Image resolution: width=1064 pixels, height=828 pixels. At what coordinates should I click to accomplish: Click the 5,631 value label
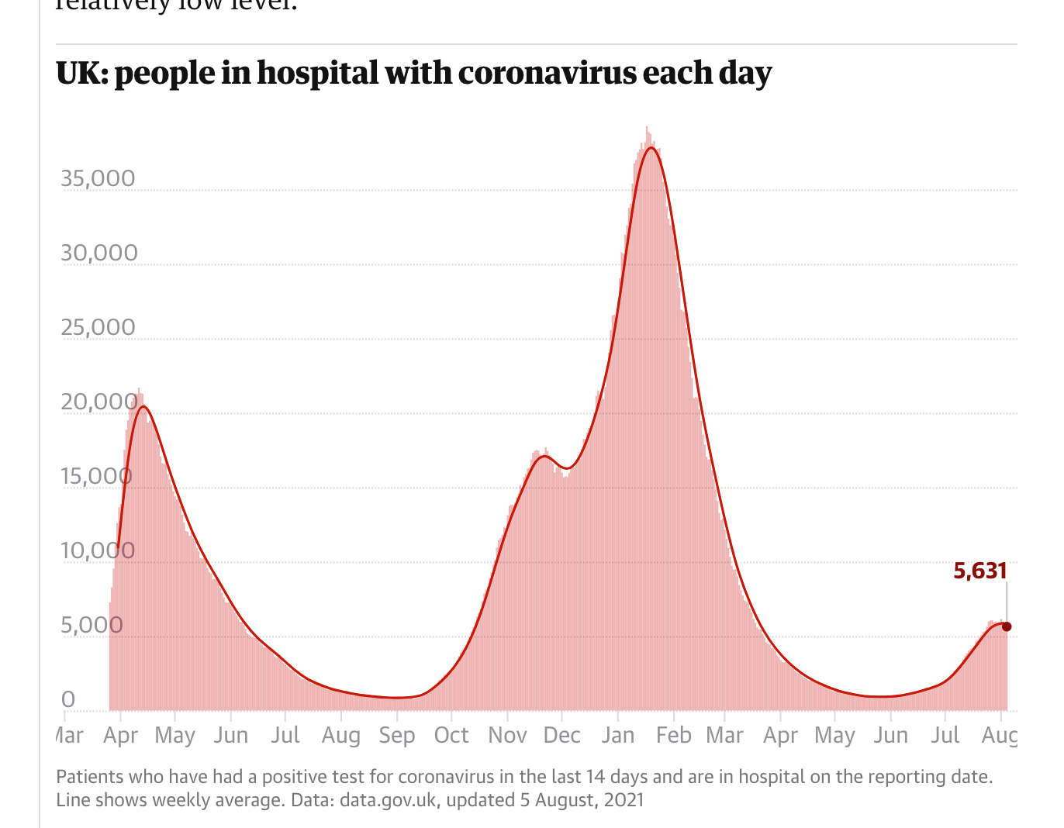click(980, 571)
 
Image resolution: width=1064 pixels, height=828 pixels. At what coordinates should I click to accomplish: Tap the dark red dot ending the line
click(1007, 626)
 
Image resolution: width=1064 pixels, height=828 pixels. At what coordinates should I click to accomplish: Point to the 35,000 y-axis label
click(98, 179)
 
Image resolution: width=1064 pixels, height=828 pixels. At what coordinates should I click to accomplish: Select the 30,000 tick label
click(98, 254)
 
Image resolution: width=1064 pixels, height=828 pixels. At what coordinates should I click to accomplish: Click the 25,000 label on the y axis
click(98, 328)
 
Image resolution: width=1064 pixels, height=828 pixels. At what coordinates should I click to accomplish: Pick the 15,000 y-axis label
click(96, 477)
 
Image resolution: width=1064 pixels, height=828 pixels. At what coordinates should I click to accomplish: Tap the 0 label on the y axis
click(68, 700)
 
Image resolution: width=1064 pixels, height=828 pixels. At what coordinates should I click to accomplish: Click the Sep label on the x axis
click(397, 735)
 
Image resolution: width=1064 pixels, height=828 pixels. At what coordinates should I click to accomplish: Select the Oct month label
click(451, 735)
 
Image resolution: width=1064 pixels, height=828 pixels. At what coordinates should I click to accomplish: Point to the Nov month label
click(507, 735)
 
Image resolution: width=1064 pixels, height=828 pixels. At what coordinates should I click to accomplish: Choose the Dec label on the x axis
click(562, 735)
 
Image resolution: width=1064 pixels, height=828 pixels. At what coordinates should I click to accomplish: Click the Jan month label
click(618, 735)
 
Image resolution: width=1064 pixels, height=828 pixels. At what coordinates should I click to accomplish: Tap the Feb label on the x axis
click(673, 735)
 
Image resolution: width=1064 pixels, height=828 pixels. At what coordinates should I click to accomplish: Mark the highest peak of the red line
click(651, 148)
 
